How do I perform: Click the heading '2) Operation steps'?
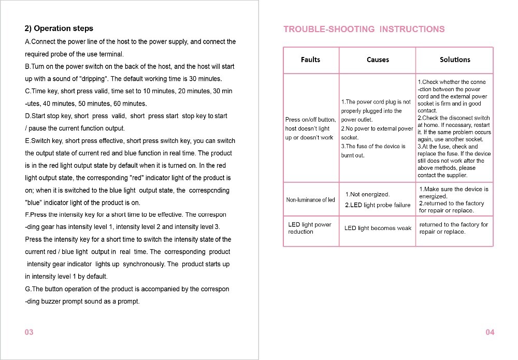coord(59,28)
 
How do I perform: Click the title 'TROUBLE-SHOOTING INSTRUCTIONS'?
coord(364,30)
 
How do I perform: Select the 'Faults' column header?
coord(310,60)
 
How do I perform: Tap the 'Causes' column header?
coord(378,60)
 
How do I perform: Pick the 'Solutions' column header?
coord(455,60)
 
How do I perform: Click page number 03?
coord(29,332)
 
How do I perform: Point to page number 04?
coord(490,332)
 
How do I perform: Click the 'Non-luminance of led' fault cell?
coord(311,200)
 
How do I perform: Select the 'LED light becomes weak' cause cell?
coord(378,228)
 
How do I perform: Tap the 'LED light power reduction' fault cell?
coord(309,228)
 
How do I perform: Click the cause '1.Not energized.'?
coord(367,194)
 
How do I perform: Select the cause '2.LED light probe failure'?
coord(377,205)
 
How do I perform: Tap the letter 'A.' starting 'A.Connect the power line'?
coord(28,41)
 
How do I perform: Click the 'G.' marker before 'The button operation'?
coord(28,289)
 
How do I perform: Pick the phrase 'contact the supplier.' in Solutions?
coord(442,176)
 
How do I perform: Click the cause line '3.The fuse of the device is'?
coord(373,147)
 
